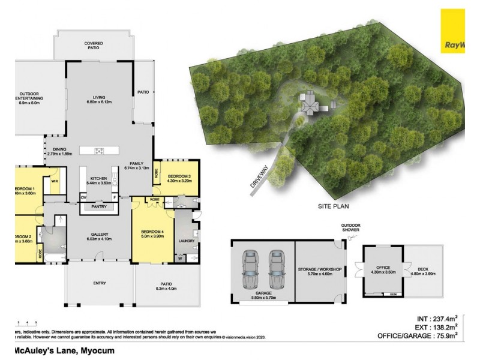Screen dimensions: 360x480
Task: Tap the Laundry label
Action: pyautogui.click(x=187, y=242)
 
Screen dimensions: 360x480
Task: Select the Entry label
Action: pyautogui.click(x=100, y=283)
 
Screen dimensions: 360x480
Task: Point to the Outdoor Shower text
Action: pyautogui.click(x=347, y=227)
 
